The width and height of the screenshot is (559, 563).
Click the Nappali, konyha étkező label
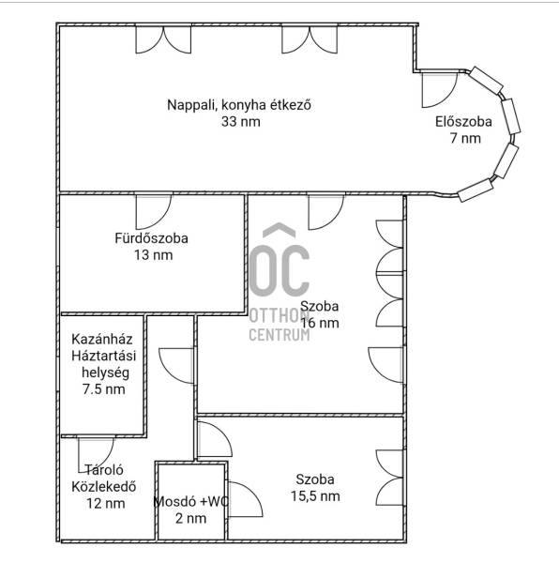pos(239,105)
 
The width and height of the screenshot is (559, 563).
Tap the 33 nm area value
pos(240,122)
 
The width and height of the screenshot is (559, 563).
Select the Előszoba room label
pos(463,122)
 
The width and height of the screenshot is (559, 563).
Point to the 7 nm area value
pos(465,138)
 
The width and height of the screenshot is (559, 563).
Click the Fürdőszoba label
pos(151,238)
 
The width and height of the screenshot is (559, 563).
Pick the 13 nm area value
pos(154,255)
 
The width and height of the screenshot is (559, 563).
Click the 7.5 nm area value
pos(104,389)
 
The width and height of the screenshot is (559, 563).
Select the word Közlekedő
pos(104,487)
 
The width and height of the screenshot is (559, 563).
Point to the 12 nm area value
pos(105,503)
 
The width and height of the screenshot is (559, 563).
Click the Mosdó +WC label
pos(191,502)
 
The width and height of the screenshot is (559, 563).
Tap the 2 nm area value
pos(191,519)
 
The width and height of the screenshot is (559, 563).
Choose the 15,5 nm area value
pos(315,496)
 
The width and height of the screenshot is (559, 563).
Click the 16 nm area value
pos(319,323)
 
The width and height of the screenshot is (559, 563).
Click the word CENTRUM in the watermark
pos(279,335)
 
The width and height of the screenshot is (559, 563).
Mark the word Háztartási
pos(104,356)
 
